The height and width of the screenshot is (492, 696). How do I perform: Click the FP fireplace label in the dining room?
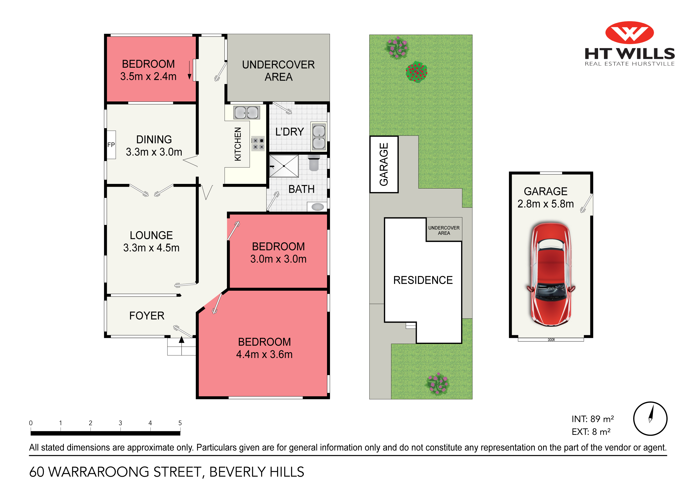point(111,145)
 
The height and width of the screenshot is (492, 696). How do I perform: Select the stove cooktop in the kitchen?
point(258,144)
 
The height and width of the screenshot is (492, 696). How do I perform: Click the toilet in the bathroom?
point(314,163)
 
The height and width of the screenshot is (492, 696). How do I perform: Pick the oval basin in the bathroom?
point(317,207)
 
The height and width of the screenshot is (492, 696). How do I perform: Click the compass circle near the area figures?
point(650,419)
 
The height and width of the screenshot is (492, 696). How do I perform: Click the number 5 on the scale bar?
point(180,423)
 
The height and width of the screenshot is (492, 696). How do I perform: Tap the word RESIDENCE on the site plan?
point(423,280)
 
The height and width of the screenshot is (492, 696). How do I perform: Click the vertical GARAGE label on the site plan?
point(384,164)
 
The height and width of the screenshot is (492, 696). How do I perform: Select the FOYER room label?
point(147,316)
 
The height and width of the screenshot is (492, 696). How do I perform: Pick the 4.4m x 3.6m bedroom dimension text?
point(264,354)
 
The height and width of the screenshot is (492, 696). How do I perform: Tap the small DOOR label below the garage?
point(551,340)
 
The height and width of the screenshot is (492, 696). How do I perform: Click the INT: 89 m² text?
point(593,419)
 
